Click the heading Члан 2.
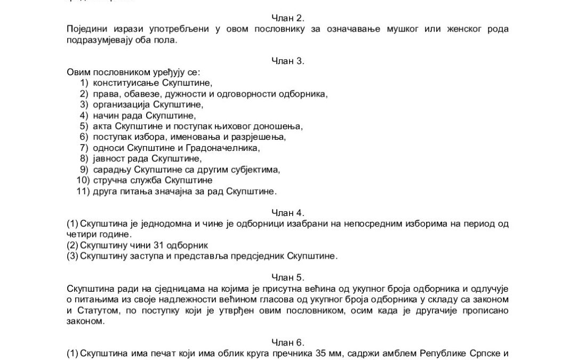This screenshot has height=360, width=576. tap(288, 18)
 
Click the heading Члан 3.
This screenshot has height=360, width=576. tap(288, 61)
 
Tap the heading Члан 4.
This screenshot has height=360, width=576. tap(288, 212)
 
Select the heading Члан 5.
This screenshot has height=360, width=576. tap(288, 277)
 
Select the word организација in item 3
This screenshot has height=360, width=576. tap(121, 104)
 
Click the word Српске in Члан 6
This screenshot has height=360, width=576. tap(484, 353)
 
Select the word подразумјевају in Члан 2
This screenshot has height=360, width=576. tap(100, 39)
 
